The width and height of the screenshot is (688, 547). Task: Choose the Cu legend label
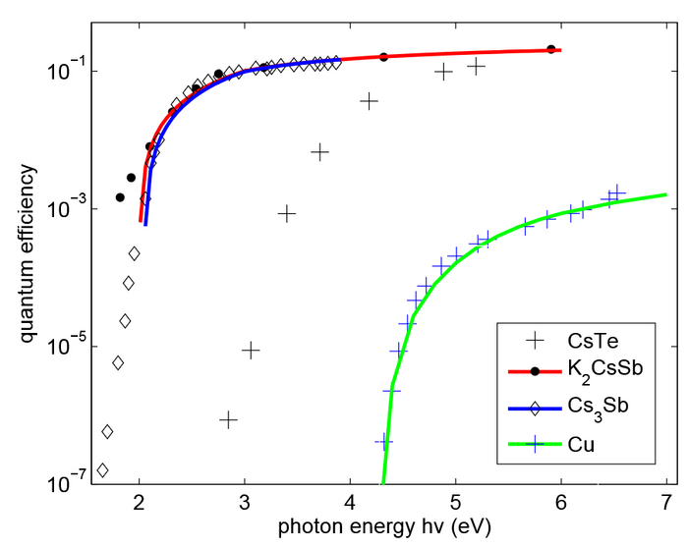tap(581, 444)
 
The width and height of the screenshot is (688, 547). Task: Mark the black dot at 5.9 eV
tap(551, 49)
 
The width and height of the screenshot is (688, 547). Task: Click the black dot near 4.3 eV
tap(384, 57)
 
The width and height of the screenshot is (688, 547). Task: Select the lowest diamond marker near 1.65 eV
tap(102, 470)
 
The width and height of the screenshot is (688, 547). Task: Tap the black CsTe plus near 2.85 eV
tap(229, 419)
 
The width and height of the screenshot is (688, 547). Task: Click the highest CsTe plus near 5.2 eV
tap(477, 66)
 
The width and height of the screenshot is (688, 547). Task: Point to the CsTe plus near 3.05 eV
tap(251, 350)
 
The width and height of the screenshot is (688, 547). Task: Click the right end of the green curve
tap(666, 194)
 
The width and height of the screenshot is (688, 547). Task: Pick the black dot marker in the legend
tap(535, 371)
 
